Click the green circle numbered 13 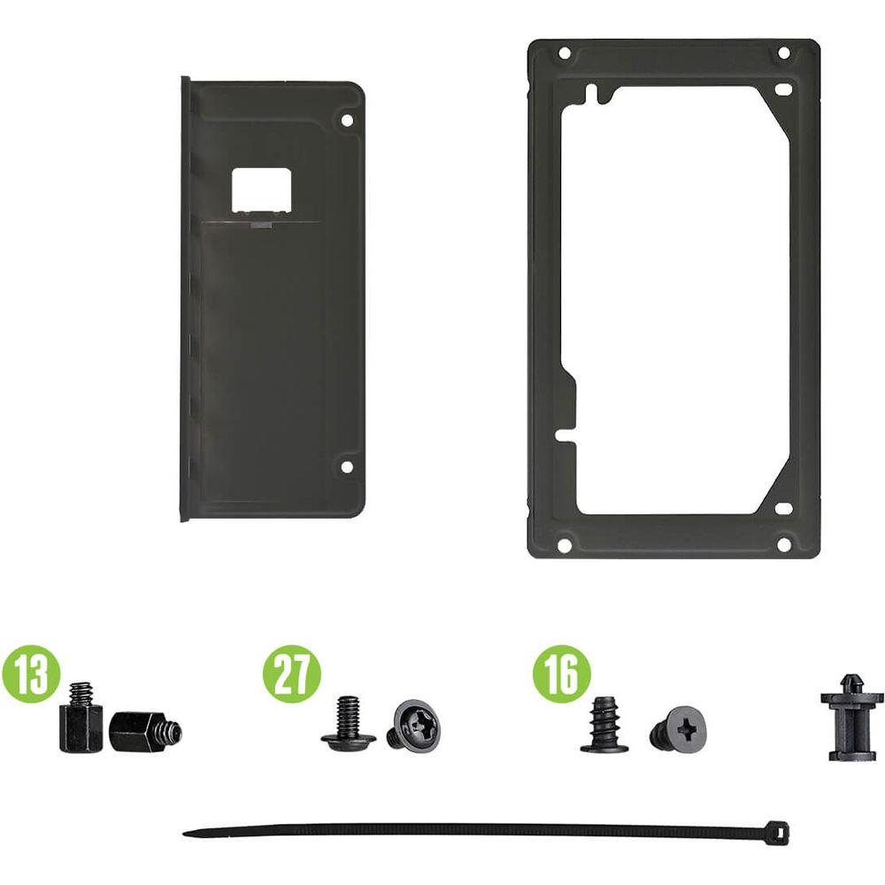tap(31, 674)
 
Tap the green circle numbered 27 tap(292, 674)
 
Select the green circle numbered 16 tap(562, 674)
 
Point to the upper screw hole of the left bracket tap(347, 120)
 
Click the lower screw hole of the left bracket tap(347, 466)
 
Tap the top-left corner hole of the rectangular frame tap(564, 54)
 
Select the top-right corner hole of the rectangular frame tap(783, 53)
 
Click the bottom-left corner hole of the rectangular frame tap(564, 545)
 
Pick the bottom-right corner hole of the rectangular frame tap(783, 544)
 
